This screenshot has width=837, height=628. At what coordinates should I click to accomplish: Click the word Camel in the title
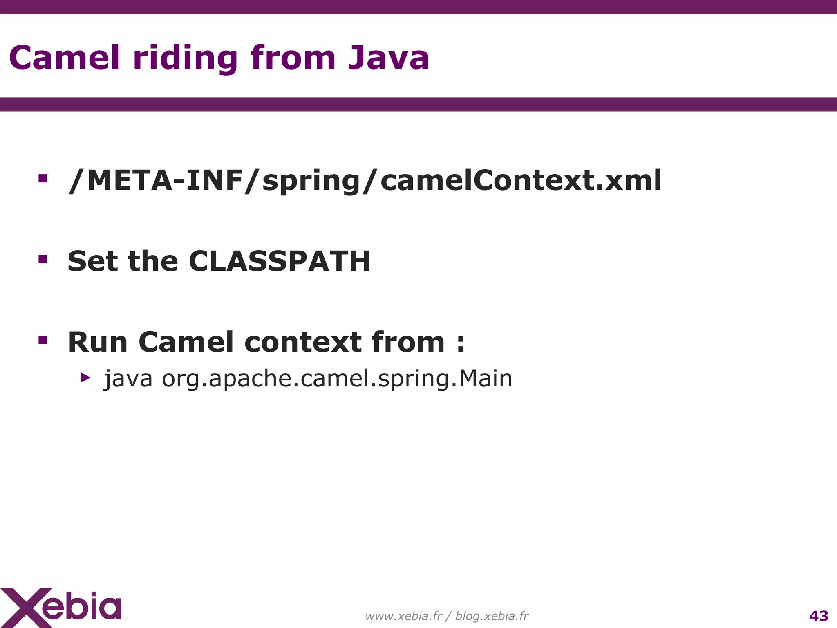tap(65, 58)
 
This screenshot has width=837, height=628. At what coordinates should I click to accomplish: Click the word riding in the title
tap(185, 58)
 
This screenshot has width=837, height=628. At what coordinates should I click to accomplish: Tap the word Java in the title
tap(388, 58)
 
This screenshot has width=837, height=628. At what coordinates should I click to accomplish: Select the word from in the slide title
tap(293, 58)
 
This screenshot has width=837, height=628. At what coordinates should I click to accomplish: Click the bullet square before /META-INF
tap(43, 179)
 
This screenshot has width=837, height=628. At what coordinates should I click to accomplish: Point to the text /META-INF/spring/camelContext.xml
tap(365, 181)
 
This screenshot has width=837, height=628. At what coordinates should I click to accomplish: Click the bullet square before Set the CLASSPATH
tap(43, 259)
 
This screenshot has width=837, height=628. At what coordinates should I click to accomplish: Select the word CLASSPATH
tap(280, 261)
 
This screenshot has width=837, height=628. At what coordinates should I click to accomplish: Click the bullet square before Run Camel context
tap(43, 340)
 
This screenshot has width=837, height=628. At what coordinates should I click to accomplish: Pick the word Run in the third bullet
tap(98, 342)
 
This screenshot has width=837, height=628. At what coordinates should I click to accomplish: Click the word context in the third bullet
tap(303, 342)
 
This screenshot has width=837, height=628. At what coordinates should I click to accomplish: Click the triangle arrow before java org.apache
tap(85, 377)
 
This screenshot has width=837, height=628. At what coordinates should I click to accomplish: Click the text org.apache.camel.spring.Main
tap(337, 379)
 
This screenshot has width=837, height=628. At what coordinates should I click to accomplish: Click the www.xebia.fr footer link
tap(403, 616)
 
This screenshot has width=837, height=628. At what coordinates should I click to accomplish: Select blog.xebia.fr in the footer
tap(492, 616)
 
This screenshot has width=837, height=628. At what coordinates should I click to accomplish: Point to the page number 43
tap(819, 616)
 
